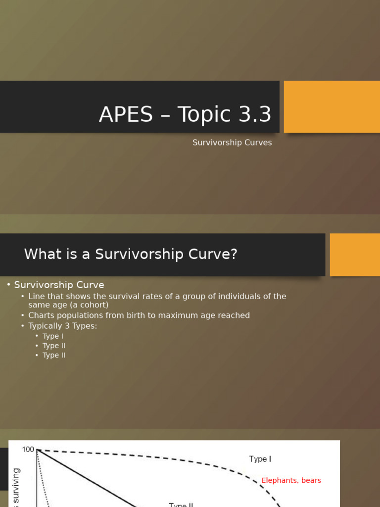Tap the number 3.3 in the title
pyautogui.click(x=252, y=115)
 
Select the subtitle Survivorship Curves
pyautogui.click(x=232, y=143)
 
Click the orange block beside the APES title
pyautogui.click(x=332, y=107)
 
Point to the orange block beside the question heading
pyautogui.click(x=354, y=254)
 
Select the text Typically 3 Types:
pyautogui.click(x=63, y=326)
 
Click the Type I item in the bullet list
pyautogui.click(x=53, y=336)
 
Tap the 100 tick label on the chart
pyautogui.click(x=28, y=450)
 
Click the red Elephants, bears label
pyautogui.click(x=291, y=480)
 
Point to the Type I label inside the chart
pyautogui.click(x=260, y=459)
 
